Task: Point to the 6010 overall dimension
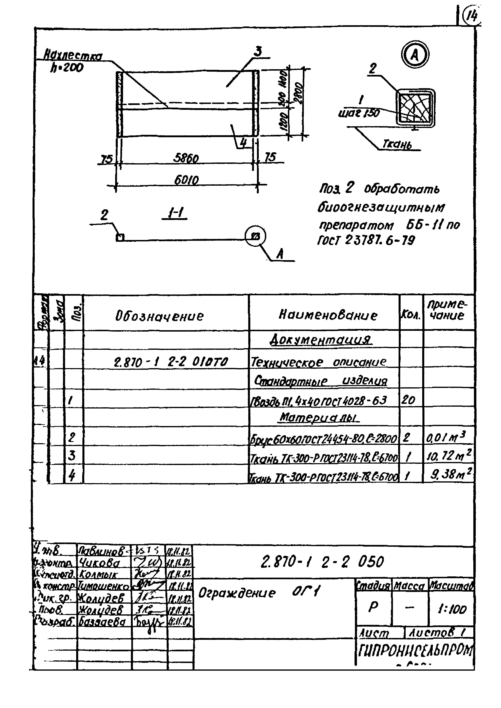pyautogui.click(x=186, y=180)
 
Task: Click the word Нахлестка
pyautogui.click(x=73, y=56)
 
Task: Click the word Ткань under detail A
pyautogui.click(x=397, y=144)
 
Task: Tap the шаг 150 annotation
pyautogui.click(x=359, y=113)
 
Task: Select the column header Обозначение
pyautogui.click(x=160, y=316)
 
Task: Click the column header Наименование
pyautogui.click(x=328, y=315)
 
